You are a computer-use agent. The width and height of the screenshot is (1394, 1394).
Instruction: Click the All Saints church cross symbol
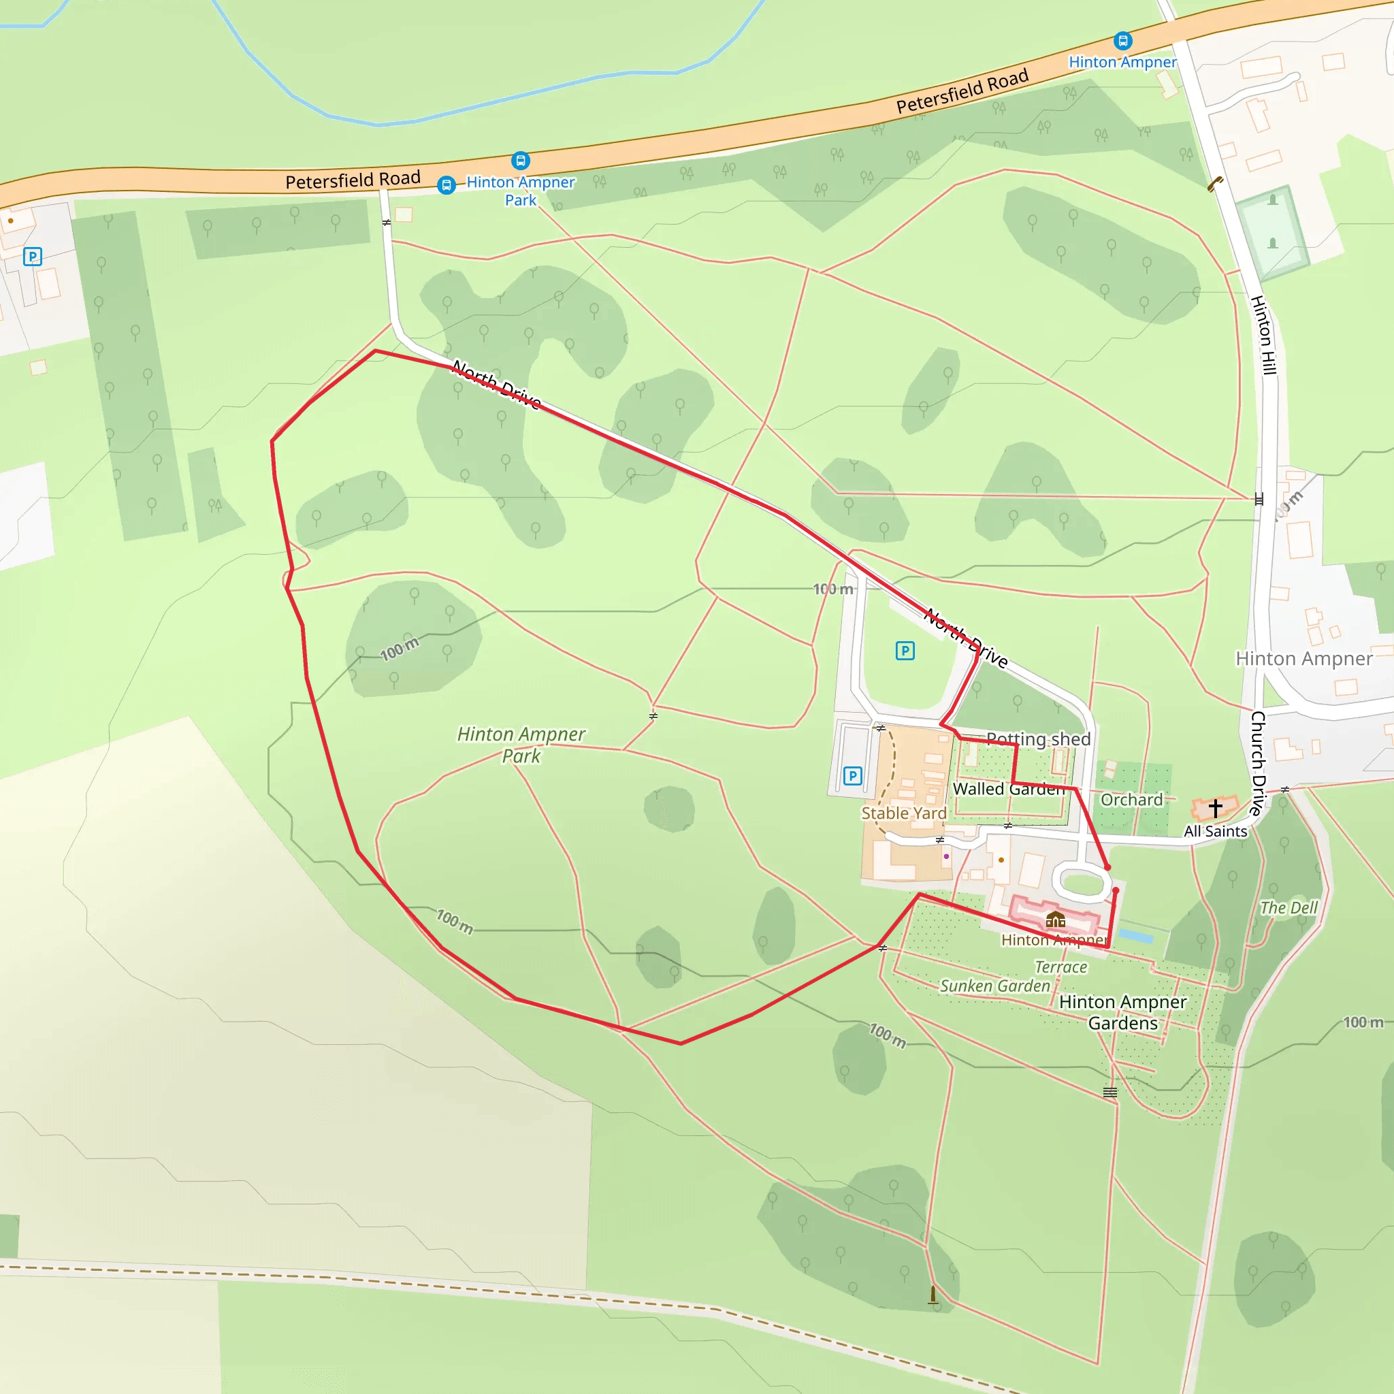[1215, 808]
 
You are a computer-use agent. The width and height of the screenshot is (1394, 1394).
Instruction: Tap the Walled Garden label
[1008, 789]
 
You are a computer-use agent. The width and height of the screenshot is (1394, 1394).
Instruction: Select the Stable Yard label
[903, 813]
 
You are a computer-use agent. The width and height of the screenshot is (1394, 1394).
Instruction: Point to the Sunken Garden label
[994, 986]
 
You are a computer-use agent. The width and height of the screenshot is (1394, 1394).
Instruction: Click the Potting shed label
[1038, 739]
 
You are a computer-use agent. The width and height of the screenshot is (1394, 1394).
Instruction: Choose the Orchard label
[1131, 800]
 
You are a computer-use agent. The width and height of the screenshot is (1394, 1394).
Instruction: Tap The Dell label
[1288, 908]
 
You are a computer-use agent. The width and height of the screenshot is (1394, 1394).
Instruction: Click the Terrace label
[1060, 967]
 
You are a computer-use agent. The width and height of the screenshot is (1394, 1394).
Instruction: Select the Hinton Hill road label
[1264, 335]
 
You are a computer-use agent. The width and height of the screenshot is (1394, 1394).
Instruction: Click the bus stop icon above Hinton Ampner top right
[1122, 41]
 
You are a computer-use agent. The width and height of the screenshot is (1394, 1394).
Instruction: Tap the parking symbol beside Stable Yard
[852, 776]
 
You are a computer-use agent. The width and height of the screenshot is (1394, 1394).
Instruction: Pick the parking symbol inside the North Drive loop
[905, 651]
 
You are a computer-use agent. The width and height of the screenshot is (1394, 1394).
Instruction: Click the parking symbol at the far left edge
[33, 256]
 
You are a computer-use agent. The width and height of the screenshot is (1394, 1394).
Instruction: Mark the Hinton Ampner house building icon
[1056, 918]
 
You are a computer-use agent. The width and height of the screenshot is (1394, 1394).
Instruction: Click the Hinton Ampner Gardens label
[1122, 1012]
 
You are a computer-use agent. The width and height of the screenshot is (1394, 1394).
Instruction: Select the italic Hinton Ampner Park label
[521, 745]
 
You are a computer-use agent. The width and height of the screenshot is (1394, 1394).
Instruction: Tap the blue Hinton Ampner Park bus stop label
[520, 191]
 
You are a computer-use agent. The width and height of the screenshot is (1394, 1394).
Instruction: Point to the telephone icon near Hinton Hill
[1215, 184]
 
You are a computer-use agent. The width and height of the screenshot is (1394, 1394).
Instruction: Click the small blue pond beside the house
[1135, 936]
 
